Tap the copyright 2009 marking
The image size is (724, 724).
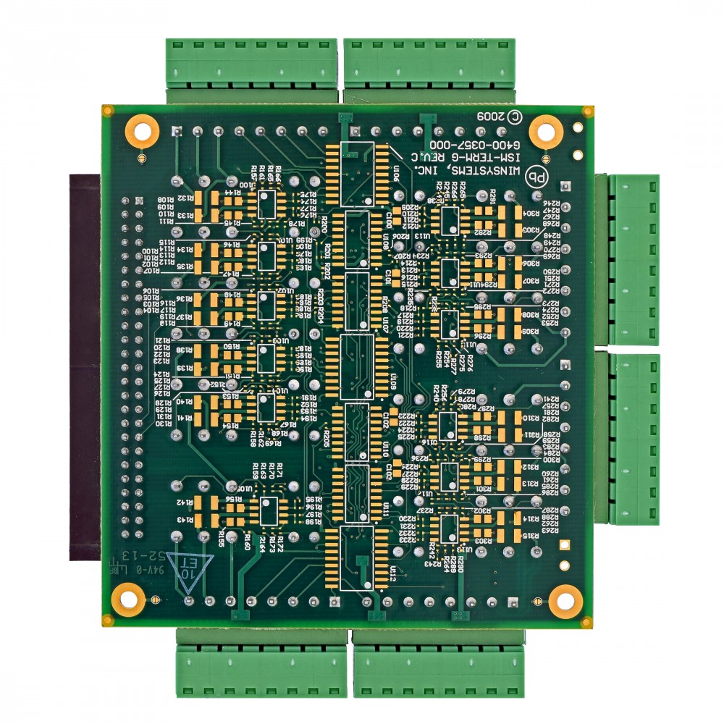499,116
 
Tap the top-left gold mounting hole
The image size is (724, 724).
142,130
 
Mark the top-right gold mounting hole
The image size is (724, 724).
546,131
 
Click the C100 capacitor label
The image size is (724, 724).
389,218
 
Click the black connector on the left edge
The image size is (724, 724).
85,369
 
